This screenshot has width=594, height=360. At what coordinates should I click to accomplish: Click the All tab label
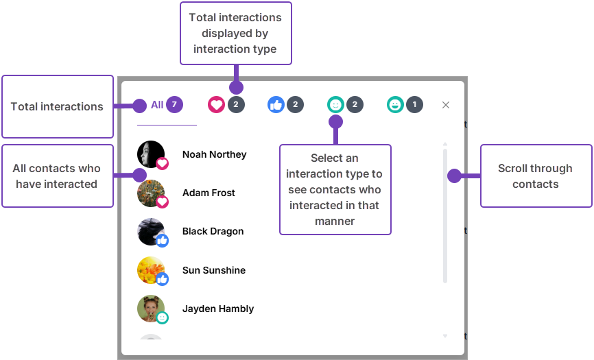point(157,105)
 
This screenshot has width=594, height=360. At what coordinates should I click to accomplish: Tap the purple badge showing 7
point(175,105)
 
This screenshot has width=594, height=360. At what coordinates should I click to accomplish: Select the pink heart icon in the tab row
point(216,105)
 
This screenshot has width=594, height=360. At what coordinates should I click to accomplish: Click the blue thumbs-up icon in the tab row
point(276,105)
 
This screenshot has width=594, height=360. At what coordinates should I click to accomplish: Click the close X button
point(446,105)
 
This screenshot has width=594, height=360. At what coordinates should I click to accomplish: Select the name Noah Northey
point(214,154)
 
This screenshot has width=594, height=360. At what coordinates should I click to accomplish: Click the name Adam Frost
point(209,193)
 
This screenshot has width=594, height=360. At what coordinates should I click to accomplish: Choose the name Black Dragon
point(213,231)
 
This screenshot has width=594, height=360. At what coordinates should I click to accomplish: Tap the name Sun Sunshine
point(213,270)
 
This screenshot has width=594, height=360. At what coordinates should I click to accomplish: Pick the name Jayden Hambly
point(217,309)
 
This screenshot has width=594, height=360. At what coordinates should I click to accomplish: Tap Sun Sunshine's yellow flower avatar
point(150,269)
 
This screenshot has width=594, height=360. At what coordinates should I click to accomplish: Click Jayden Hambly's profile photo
point(150,308)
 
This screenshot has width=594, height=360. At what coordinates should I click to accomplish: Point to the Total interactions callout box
point(57,106)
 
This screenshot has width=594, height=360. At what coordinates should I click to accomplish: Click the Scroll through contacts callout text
point(535,176)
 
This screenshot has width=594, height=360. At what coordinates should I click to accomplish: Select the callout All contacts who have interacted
point(57,176)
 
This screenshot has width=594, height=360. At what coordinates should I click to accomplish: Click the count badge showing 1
point(414,105)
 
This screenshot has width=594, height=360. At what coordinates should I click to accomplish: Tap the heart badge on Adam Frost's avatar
point(163,202)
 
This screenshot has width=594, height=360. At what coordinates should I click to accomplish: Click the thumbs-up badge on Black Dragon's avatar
point(163,240)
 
